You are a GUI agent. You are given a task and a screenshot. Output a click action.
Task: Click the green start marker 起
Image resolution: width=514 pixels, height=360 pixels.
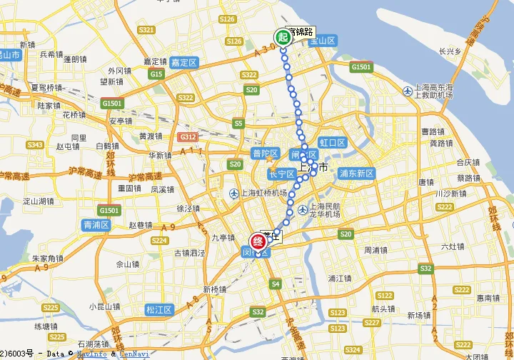[x=283, y=36]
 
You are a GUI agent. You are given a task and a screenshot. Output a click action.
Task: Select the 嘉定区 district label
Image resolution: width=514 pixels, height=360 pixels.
[x=183, y=63]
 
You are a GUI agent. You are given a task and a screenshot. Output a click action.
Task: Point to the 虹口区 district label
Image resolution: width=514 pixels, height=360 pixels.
[x=332, y=143]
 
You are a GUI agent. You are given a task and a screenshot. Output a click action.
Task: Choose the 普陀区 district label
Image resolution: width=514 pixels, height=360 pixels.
[x=266, y=152]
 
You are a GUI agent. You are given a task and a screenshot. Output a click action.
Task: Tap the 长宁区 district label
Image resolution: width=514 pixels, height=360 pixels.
[x=281, y=174]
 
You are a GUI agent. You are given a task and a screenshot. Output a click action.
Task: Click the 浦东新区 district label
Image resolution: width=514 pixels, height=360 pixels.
[x=357, y=173]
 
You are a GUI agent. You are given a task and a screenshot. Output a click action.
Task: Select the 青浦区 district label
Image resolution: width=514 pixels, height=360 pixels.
[x=95, y=224]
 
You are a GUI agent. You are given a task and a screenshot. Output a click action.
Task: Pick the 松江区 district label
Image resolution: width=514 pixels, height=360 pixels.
[x=158, y=309]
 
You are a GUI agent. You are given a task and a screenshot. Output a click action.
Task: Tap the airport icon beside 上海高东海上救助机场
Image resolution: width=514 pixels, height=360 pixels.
[x=408, y=91]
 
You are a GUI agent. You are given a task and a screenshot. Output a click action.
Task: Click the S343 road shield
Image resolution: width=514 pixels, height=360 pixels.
[x=35, y=145]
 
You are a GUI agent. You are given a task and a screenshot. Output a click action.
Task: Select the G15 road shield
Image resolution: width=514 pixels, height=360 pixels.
[x=156, y=74]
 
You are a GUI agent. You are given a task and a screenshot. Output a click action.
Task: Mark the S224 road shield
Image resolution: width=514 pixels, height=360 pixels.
[x=159, y=241]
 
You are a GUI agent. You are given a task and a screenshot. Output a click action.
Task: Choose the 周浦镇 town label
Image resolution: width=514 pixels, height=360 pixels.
[x=376, y=250]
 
